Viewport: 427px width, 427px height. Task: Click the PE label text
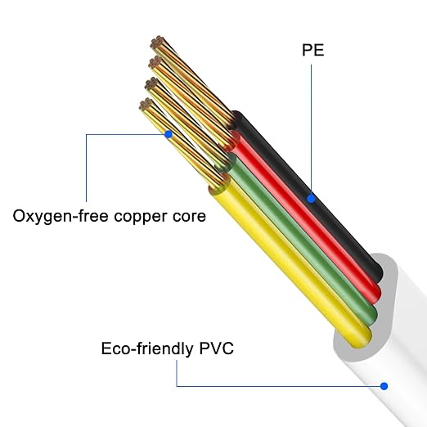pos(313,50)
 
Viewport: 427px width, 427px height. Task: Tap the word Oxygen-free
pos(61,217)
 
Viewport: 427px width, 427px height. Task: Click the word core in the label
pos(189,217)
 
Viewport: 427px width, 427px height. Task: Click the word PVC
pos(217,348)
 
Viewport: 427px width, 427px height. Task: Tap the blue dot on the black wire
pos(311,199)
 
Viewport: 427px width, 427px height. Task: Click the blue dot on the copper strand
pos(169,134)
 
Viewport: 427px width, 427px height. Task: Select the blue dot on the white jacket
pos(384,386)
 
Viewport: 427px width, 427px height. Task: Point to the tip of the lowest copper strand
pos(146,104)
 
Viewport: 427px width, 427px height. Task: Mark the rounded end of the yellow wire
pos(362,338)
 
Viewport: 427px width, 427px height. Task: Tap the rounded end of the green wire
pos(370,317)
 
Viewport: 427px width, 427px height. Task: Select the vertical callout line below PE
pos(311,129)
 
